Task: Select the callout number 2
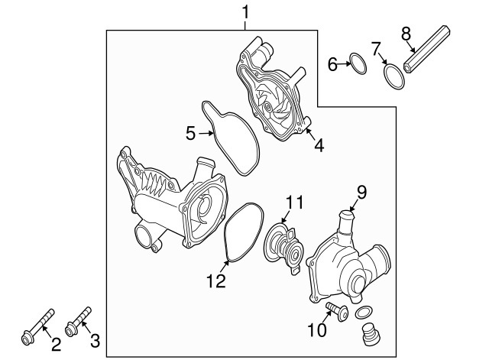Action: (56, 344)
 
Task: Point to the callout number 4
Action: (319, 143)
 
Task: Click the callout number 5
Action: (191, 133)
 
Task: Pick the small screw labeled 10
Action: (335, 310)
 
